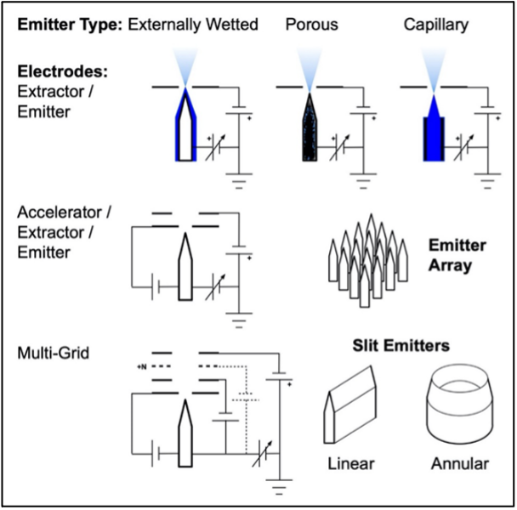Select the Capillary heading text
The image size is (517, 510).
click(435, 25)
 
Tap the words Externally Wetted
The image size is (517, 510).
click(193, 25)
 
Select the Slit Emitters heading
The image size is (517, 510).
click(401, 346)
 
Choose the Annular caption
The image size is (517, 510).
click(459, 464)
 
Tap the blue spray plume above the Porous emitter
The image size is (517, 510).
click(307, 66)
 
